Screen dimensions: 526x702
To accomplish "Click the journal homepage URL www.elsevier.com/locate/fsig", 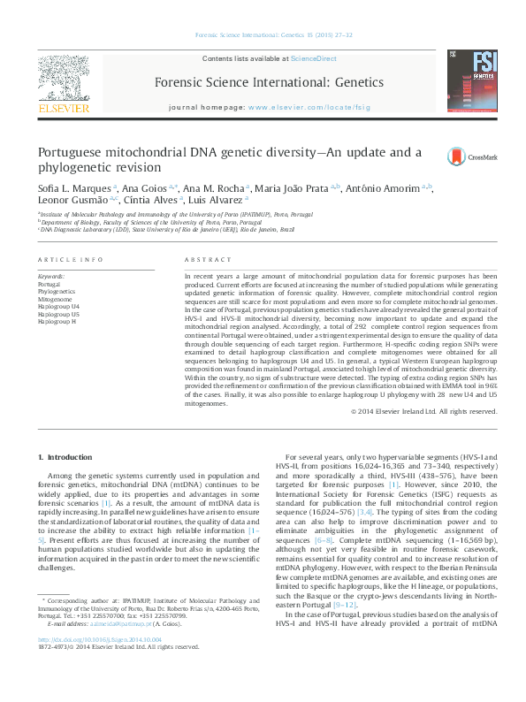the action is (304, 107).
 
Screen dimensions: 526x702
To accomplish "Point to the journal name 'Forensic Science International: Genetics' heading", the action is (269, 82).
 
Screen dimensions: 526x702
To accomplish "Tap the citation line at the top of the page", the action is (263, 36).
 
